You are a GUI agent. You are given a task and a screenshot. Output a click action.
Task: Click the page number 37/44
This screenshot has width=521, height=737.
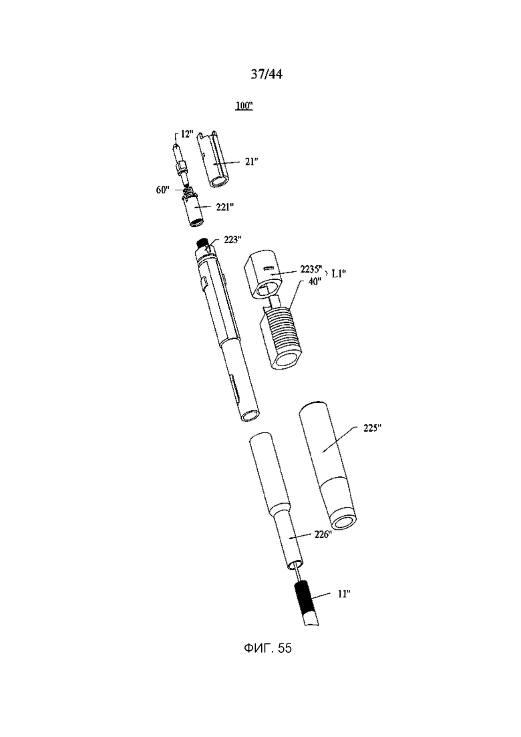267,74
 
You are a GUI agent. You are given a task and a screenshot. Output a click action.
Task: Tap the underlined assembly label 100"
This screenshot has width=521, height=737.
244,106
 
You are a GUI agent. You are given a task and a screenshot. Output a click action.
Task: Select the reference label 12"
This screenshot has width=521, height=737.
186,134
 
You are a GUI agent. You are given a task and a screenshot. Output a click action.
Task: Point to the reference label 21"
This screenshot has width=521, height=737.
251,162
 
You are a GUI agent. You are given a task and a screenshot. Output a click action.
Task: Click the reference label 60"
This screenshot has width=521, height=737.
163,190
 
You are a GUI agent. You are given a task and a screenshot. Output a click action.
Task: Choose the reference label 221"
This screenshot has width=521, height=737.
225,207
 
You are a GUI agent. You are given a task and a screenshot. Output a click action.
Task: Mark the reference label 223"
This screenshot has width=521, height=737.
233,240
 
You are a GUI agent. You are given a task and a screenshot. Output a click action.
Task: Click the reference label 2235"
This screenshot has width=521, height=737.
311,270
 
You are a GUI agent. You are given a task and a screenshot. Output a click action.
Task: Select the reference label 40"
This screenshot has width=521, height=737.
315,281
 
